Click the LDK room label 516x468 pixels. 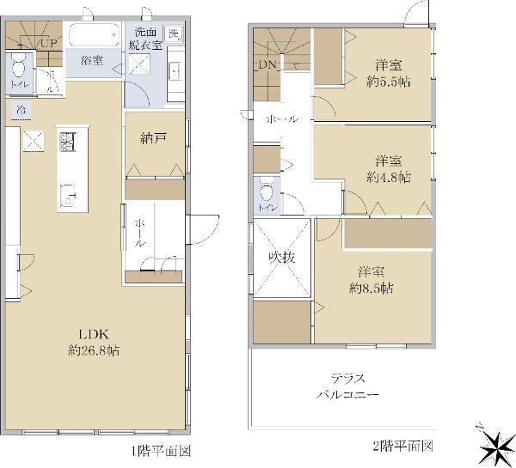(94, 335)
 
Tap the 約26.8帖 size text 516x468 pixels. (94, 350)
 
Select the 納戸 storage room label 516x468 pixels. (153, 139)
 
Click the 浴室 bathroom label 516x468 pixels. (92, 60)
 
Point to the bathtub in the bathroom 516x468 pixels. (94, 34)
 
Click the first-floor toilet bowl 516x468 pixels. (18, 67)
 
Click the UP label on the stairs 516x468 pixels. (49, 43)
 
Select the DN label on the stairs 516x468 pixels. (267, 64)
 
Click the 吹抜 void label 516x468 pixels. (282, 258)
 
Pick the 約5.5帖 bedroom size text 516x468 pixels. (389, 82)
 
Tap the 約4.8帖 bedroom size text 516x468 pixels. (389, 178)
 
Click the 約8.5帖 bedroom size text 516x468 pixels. (371, 289)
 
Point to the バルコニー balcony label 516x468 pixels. (347, 394)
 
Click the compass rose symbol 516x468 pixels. (495, 446)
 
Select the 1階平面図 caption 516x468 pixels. (162, 451)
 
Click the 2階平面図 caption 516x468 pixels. (402, 446)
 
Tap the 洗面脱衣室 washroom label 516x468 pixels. (145, 39)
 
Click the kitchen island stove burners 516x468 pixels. (68, 142)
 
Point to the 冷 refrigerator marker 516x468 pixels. (21, 109)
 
